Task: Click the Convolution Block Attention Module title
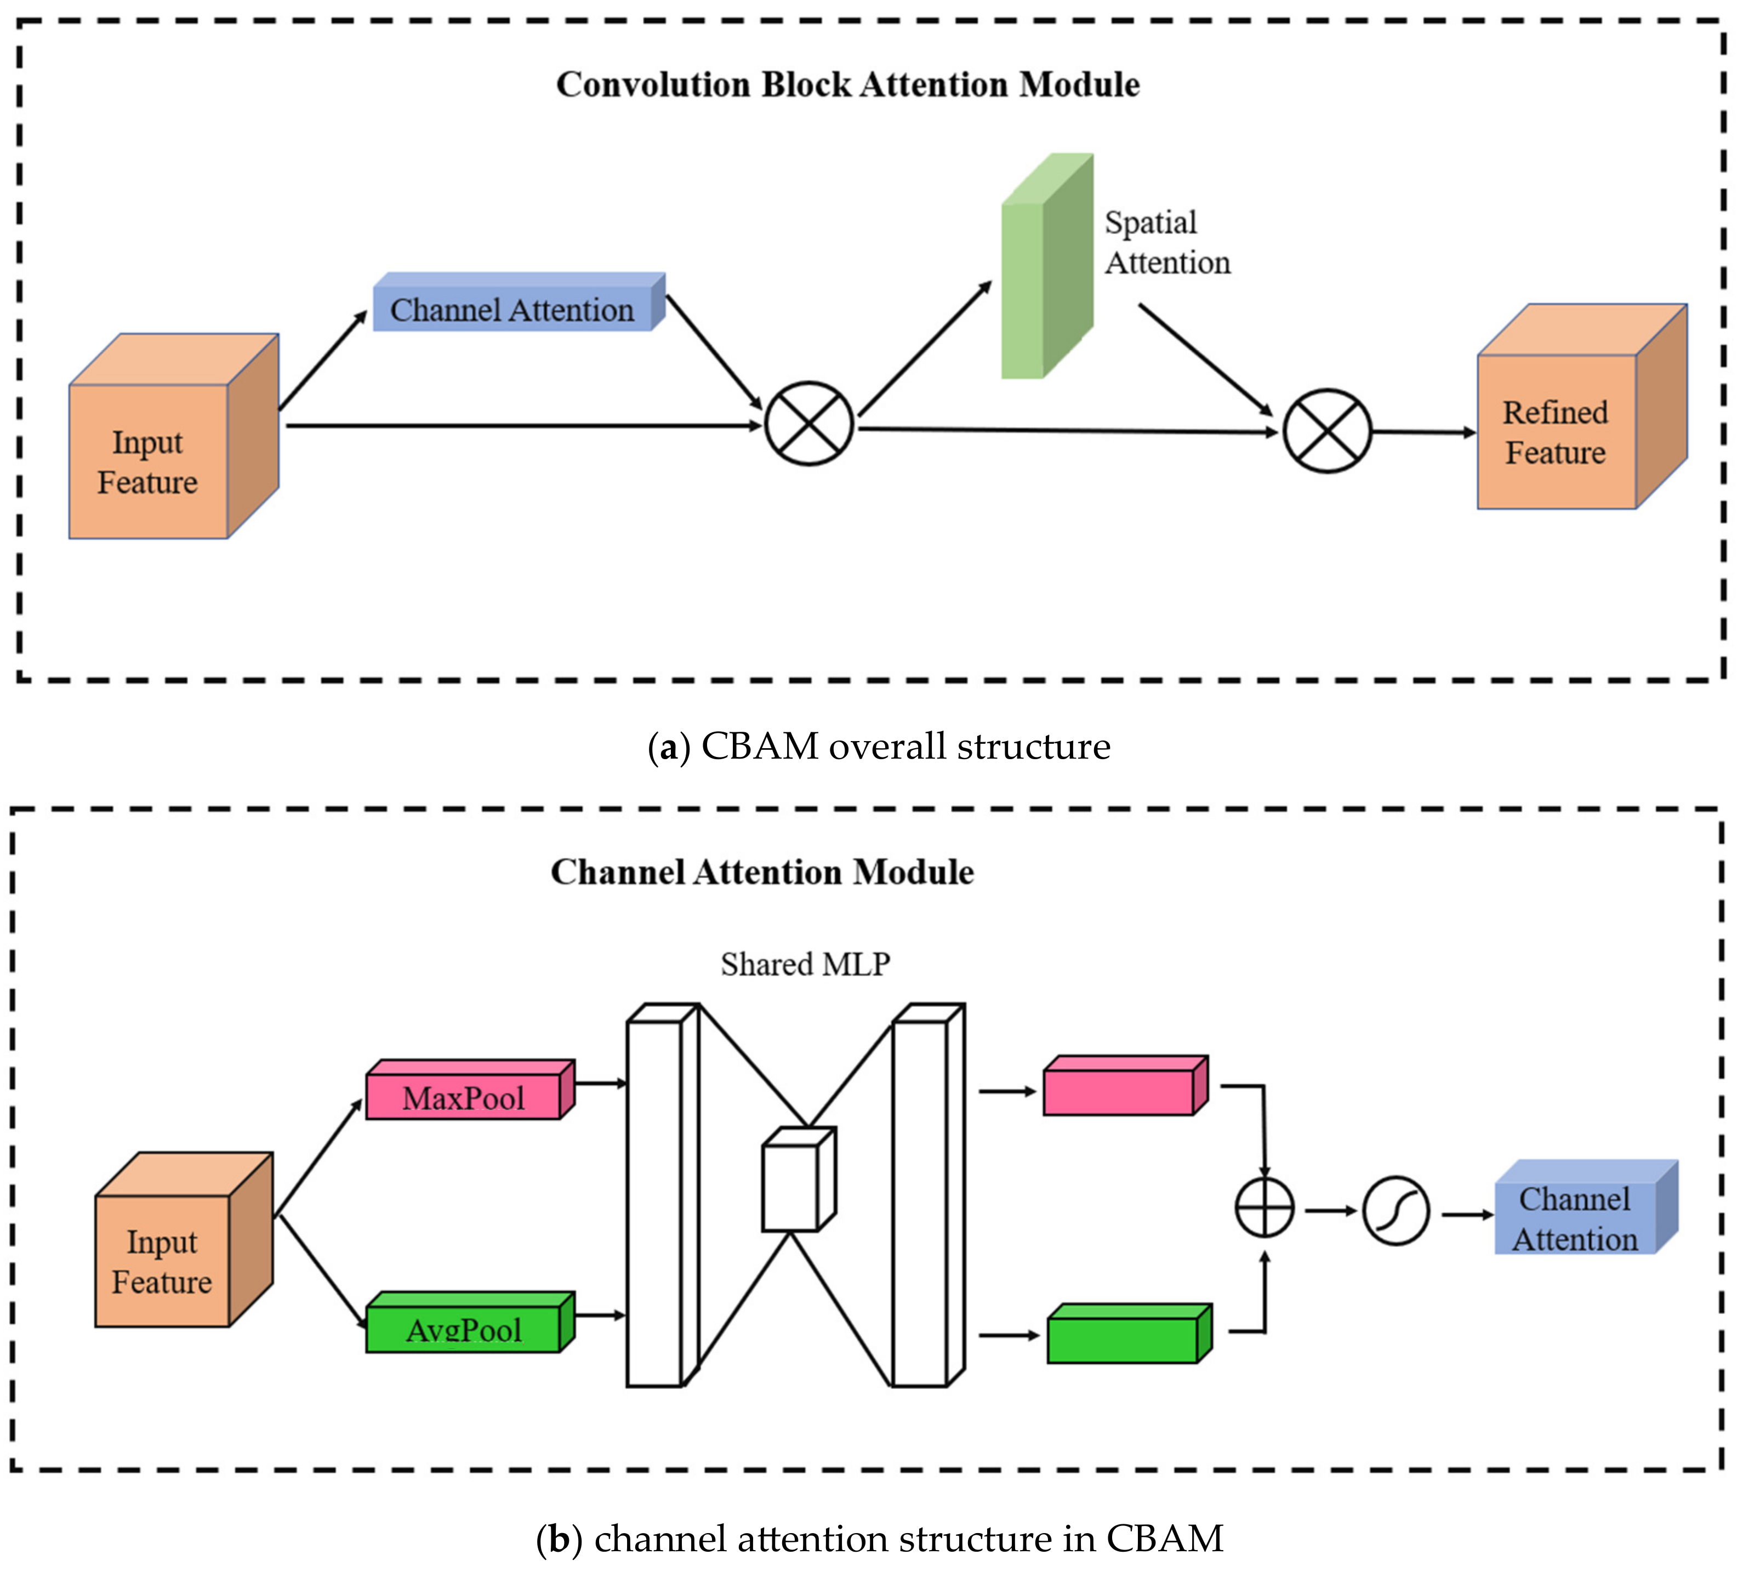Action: [847, 84]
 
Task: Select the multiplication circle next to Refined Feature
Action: [1326, 431]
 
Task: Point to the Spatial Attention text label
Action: [1166, 243]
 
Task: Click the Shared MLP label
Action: [805, 964]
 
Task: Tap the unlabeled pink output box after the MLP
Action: [1123, 1089]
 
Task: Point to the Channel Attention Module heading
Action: [762, 873]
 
